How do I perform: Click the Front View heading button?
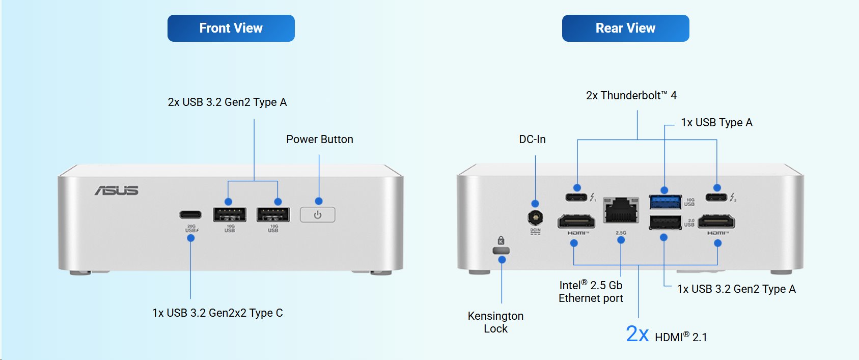[x=231, y=28]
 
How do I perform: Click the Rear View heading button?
[x=625, y=28]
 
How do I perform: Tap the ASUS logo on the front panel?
[x=117, y=190]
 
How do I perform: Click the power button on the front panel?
[x=317, y=215]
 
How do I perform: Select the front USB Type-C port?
[x=190, y=215]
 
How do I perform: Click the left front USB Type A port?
[x=230, y=214]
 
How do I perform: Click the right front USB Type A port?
[x=273, y=214]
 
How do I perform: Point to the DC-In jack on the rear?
[x=535, y=218]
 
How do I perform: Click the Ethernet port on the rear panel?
[x=621, y=210]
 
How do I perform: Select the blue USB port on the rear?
[x=665, y=202]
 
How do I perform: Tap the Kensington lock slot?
[x=501, y=251]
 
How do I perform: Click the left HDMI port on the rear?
[x=576, y=221]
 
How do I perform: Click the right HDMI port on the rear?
[x=716, y=221]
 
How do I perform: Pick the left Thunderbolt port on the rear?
[x=576, y=197]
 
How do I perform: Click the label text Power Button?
[x=319, y=140]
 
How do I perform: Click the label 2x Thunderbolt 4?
[x=631, y=96]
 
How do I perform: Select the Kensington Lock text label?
[x=495, y=322]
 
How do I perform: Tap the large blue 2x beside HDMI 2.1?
[x=637, y=335]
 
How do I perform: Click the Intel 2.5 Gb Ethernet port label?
[x=591, y=292]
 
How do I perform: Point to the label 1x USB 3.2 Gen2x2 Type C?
[x=217, y=313]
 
